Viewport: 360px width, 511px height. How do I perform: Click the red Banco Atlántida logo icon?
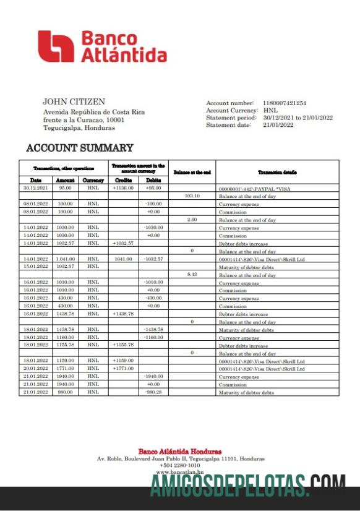[56, 47]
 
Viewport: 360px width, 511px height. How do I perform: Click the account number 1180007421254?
[285, 103]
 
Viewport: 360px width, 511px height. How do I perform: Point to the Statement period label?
[229, 118]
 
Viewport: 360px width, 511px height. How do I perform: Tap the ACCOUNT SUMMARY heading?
[79, 148]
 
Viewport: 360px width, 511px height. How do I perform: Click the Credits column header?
[123, 180]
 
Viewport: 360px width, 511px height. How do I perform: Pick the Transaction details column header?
[277, 173]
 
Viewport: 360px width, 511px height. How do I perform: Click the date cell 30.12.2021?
[35, 187]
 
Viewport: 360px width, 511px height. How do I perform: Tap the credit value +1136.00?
[123, 187]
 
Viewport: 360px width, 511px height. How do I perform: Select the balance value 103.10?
[192, 195]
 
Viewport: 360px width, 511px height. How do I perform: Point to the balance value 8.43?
[192, 274]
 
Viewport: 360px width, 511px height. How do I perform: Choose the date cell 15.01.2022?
[35, 267]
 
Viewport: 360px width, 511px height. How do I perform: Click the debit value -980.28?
[153, 392]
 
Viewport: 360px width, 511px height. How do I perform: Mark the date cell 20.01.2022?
[35, 369]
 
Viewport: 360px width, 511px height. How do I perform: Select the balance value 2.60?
[192, 220]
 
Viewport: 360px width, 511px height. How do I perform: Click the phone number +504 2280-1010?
[179, 465]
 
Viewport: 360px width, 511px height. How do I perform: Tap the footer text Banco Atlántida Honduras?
[179, 452]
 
